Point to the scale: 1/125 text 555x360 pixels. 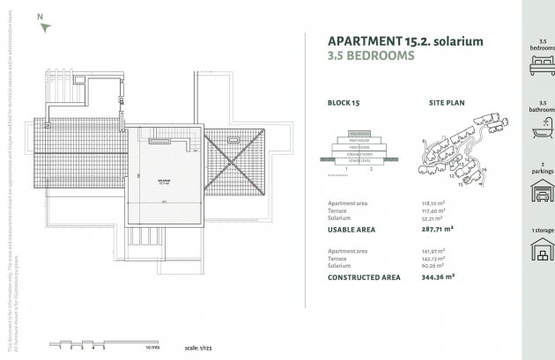tap(201, 349)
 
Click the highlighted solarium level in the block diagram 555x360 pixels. tap(357, 134)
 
